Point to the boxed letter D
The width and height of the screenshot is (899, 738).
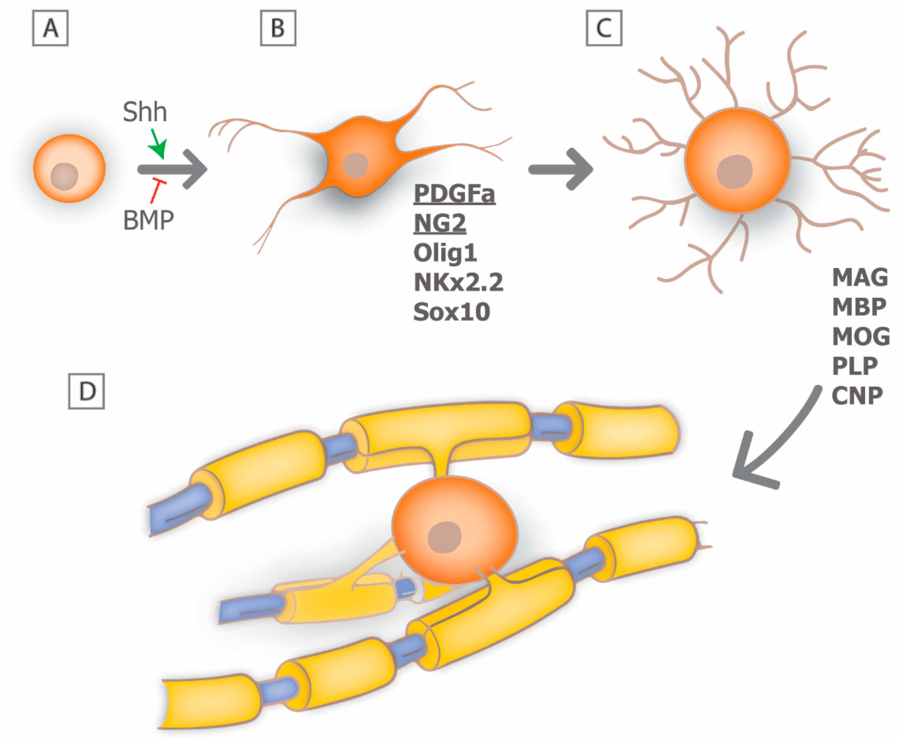click(x=87, y=391)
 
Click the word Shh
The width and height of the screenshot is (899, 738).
click(x=144, y=112)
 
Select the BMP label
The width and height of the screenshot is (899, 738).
click(x=148, y=220)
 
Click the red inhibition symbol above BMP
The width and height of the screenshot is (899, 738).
click(x=156, y=191)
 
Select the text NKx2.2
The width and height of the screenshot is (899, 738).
click(x=458, y=282)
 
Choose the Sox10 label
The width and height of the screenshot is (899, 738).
click(x=451, y=312)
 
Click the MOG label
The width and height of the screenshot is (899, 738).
click(x=860, y=336)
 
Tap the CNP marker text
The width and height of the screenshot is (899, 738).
click(x=857, y=395)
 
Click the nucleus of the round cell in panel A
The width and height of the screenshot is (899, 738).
click(x=64, y=176)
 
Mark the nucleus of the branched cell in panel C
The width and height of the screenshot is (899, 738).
click(x=735, y=171)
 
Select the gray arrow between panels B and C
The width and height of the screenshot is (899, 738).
click(x=561, y=169)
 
